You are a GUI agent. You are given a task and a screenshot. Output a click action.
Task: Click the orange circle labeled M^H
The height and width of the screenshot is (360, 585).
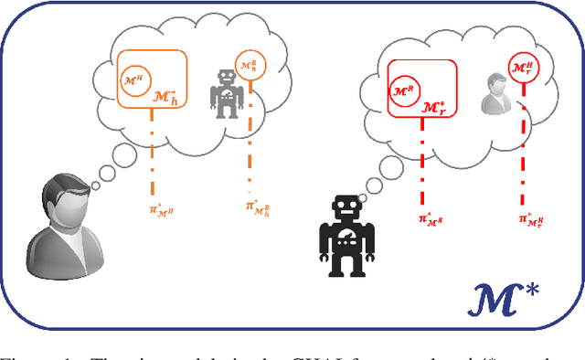(x=133, y=80)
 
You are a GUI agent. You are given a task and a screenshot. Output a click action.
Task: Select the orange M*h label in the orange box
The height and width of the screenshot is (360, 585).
(x=165, y=100)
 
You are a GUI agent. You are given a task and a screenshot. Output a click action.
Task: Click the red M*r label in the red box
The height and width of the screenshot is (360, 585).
(x=434, y=107)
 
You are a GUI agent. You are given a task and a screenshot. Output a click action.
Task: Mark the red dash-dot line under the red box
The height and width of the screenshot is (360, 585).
(x=422, y=160)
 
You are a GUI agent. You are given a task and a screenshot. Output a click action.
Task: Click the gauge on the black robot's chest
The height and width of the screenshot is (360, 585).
(x=348, y=240)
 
